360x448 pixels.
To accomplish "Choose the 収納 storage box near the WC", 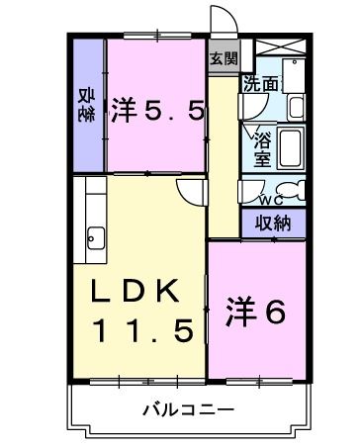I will click(272, 223).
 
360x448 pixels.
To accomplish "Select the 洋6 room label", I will click(258, 312).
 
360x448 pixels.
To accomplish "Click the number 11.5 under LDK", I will click(142, 331).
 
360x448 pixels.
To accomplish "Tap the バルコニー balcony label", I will click(187, 408).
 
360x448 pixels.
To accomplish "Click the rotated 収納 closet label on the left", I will click(86, 103).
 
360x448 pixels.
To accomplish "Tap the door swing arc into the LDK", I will click(190, 196).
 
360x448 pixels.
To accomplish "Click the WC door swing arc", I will click(255, 189).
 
